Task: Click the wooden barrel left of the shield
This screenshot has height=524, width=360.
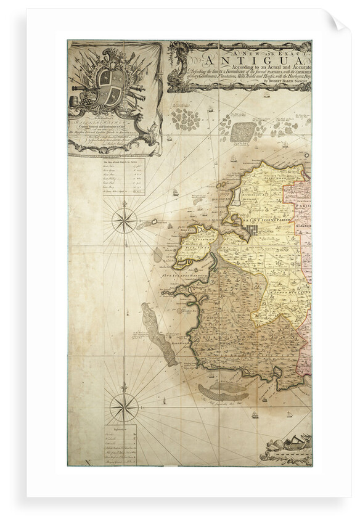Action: (80, 99)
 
